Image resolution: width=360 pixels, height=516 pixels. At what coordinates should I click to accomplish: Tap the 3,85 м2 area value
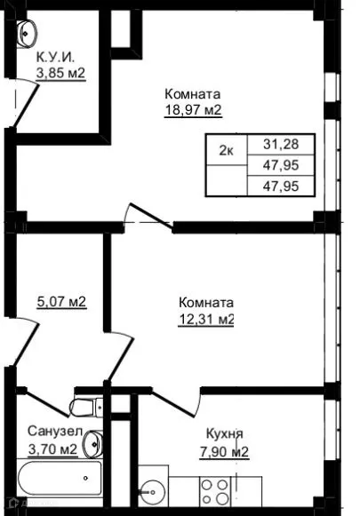pyautogui.click(x=60, y=74)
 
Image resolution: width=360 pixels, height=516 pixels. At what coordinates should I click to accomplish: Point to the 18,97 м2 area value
pyautogui.click(x=192, y=110)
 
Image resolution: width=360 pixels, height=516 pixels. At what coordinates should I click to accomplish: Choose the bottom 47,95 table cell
pyautogui.click(x=281, y=186)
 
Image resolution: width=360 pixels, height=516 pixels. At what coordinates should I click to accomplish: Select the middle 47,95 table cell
pyautogui.click(x=281, y=165)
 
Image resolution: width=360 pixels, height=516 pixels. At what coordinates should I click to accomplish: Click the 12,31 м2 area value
pyautogui.click(x=205, y=318)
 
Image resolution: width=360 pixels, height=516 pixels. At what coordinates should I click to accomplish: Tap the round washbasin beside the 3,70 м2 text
pyautogui.click(x=94, y=441)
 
